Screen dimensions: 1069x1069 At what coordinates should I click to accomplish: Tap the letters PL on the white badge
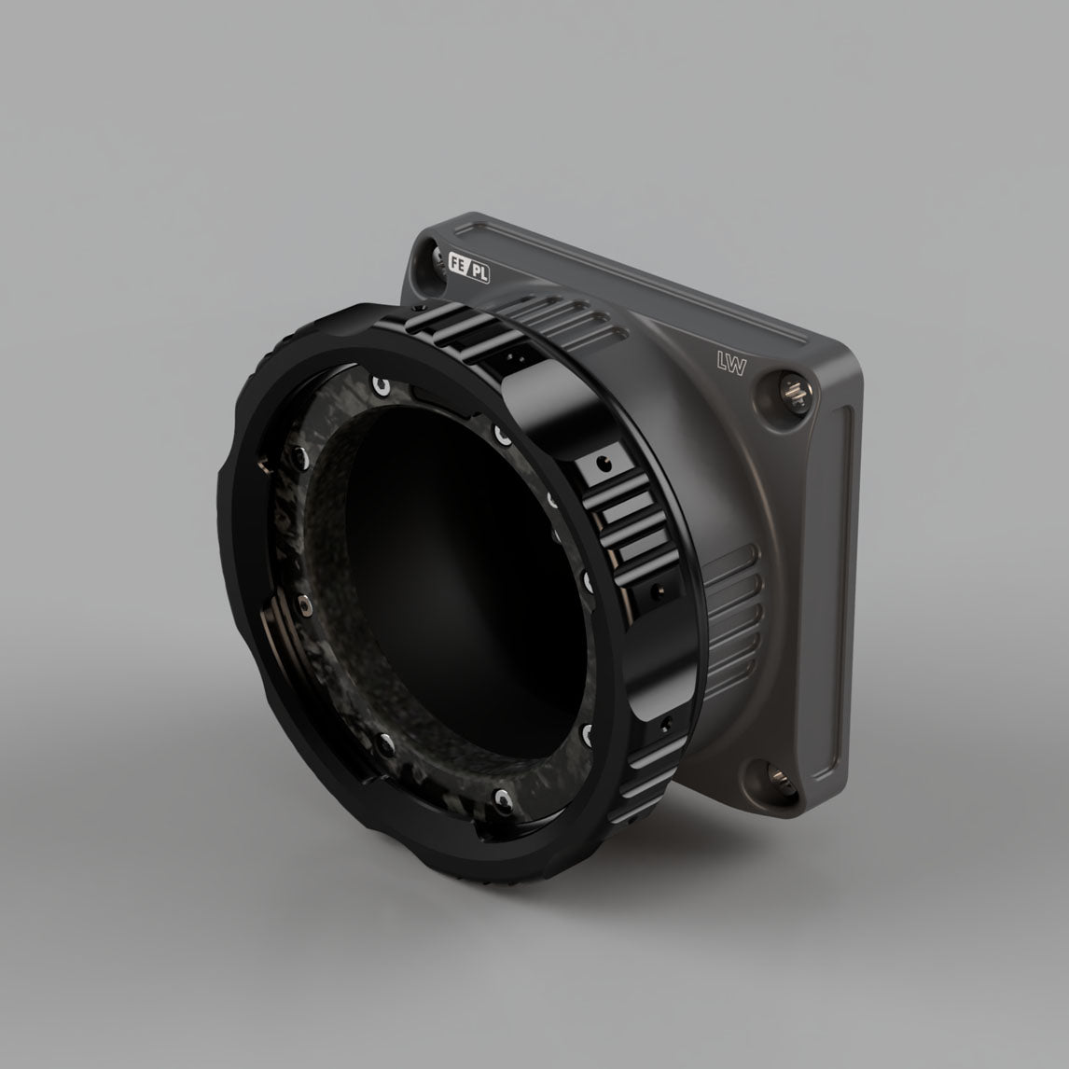(479, 272)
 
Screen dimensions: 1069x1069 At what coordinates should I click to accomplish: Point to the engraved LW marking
(731, 363)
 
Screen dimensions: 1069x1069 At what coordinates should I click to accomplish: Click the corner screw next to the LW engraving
(794, 391)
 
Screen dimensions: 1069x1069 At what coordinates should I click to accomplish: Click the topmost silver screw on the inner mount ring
(381, 386)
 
